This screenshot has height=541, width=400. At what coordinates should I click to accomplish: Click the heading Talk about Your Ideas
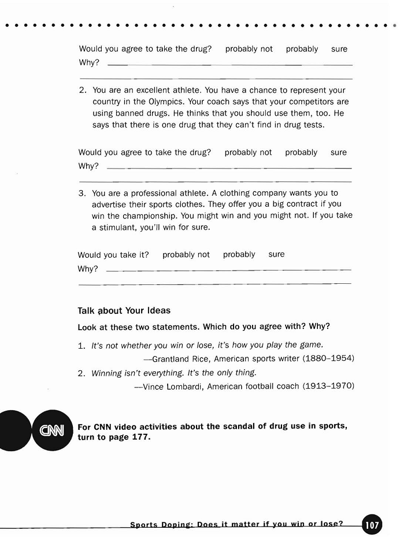point(124,311)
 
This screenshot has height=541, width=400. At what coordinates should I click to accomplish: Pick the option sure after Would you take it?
point(276,254)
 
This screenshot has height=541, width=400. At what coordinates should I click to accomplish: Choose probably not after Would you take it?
point(186,254)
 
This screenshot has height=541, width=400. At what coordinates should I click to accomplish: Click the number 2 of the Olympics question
point(82,90)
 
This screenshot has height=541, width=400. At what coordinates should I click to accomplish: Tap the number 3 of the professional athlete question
point(82,193)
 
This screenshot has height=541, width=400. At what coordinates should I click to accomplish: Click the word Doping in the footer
point(175,525)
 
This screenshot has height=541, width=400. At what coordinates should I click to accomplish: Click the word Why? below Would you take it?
point(88,269)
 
